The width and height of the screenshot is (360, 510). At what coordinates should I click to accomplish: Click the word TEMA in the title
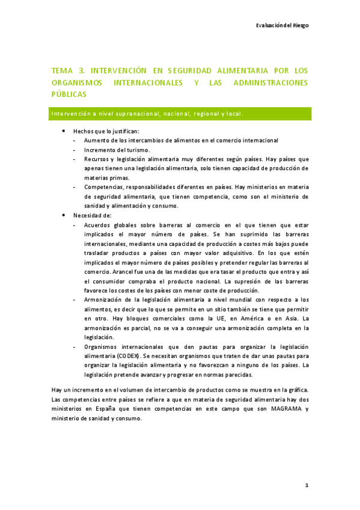pyautogui.click(x=61, y=71)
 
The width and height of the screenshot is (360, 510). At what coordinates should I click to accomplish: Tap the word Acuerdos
pyautogui.click(x=99, y=224)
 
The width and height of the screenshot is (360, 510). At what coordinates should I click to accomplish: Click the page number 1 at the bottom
pyautogui.click(x=306, y=485)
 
